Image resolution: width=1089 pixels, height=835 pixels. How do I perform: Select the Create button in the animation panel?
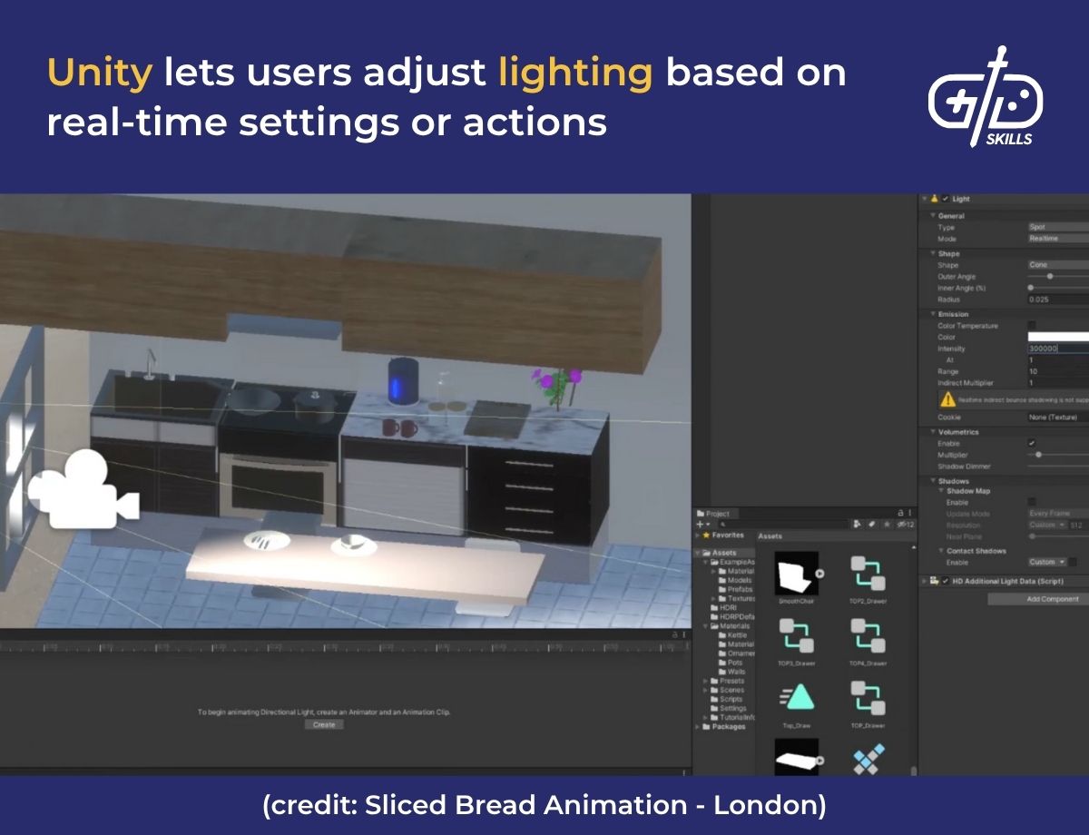324,724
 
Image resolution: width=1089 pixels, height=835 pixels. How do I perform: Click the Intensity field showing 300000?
1057,349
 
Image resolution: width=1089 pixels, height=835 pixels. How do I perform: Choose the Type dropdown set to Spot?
1057,227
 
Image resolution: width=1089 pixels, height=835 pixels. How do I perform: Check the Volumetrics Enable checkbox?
1032,443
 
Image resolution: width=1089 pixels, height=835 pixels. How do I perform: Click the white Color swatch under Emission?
1057,337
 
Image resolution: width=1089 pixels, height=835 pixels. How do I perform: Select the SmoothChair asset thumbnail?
796,574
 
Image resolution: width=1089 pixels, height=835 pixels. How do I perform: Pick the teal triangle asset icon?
796,697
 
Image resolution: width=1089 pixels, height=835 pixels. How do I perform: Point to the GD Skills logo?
986,96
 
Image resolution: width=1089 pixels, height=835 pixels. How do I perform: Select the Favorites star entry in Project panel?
723,535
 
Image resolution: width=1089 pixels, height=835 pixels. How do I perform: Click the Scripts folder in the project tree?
731,699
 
